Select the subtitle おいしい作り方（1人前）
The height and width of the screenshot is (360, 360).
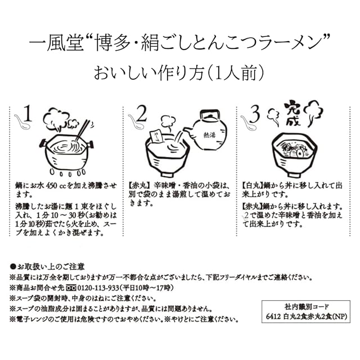click(x=180, y=74)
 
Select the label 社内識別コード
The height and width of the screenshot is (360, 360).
click(x=305, y=307)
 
